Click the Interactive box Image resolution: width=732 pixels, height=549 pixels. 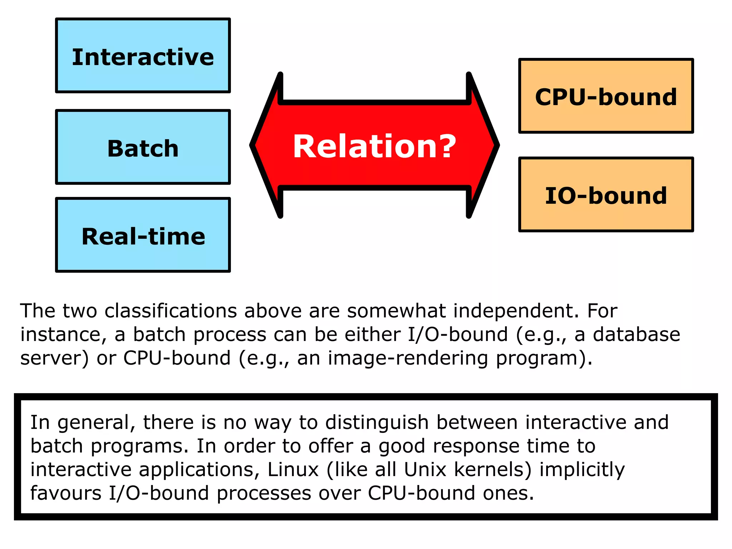click(143, 56)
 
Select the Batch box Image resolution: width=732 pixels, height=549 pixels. click(143, 147)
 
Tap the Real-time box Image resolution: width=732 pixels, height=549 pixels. click(143, 235)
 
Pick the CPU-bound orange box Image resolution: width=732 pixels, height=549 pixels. click(606, 96)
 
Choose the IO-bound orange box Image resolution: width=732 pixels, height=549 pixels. click(606, 195)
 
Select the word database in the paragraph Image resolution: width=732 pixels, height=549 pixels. click(636, 335)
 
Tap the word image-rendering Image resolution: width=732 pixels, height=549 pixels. click(408, 358)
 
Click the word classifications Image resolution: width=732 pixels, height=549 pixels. click(170, 311)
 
